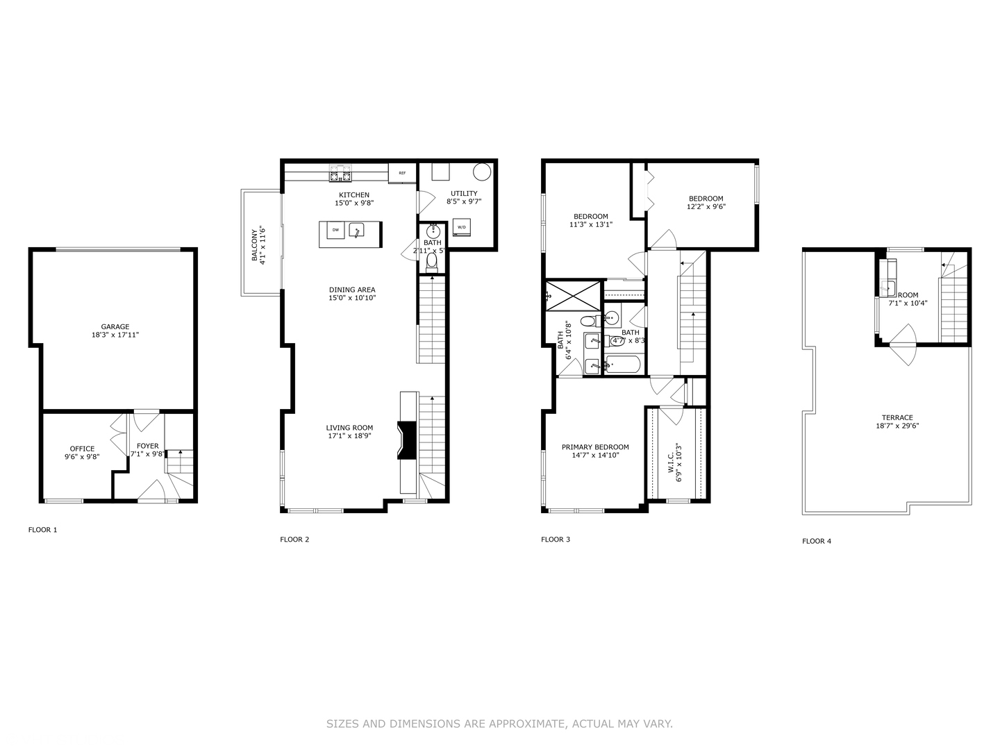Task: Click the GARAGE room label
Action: [115, 326]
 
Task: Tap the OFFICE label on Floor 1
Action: [82, 449]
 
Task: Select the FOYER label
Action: [147, 446]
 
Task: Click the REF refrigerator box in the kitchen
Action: [402, 173]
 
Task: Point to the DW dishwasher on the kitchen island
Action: [335, 230]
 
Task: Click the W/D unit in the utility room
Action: [462, 227]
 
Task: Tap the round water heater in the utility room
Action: [482, 172]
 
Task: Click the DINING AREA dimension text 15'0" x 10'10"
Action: [352, 298]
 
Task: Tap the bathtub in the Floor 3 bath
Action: [624, 365]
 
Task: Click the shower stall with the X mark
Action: [573, 295]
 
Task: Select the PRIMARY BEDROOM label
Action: [595, 447]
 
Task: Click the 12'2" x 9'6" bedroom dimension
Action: [706, 206]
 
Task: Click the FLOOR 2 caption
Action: [294, 540]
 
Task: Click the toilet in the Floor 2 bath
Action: [432, 261]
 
